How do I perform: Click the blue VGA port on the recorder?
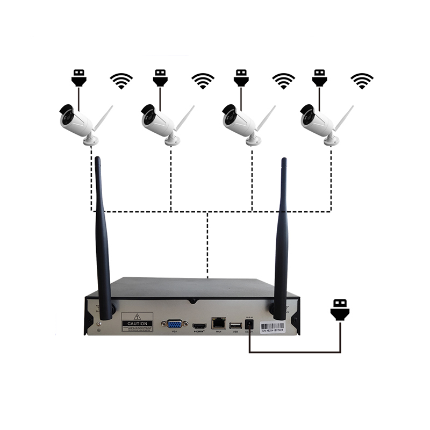tap(174, 325)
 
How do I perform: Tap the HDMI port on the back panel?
tap(199, 326)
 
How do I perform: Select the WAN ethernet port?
tap(218, 323)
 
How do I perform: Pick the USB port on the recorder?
tap(235, 326)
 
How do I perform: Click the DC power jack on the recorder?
tap(249, 325)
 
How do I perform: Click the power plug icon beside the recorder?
tap(340, 310)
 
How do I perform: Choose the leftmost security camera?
tap(78, 123)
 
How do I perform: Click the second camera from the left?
tap(160, 123)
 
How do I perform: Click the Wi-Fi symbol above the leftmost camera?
tap(121, 81)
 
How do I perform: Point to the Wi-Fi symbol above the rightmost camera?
tap(362, 81)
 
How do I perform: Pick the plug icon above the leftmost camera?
tap(78, 78)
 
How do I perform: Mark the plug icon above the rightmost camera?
tap(320, 78)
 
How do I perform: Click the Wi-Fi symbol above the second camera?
tap(203, 81)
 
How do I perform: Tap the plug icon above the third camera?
tap(241, 78)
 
